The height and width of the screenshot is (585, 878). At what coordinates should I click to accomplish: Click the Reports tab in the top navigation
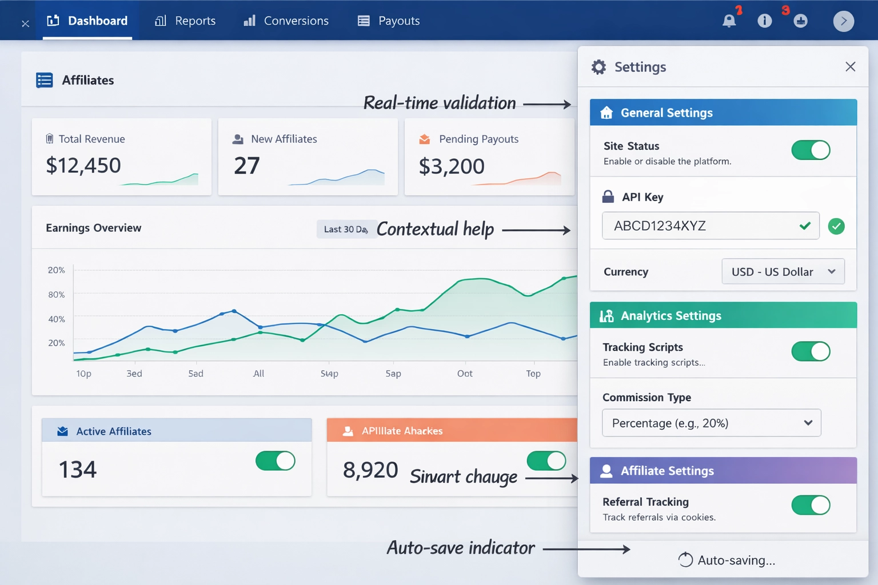185,21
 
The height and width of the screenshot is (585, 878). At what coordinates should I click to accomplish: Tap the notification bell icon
729,21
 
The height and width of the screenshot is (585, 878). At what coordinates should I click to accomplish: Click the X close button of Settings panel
850,67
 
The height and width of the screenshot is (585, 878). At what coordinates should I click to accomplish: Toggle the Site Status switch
811,150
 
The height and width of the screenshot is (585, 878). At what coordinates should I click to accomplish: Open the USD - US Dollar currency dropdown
783,272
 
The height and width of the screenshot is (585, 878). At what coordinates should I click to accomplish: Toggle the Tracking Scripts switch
811,351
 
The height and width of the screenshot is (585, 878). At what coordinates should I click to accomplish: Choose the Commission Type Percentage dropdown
712,423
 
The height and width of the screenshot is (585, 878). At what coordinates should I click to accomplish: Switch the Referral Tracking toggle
811,505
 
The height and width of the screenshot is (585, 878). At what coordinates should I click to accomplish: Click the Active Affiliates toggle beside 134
276,460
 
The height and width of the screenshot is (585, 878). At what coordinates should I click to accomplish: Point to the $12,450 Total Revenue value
83,166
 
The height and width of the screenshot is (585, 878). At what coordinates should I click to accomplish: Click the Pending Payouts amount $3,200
452,167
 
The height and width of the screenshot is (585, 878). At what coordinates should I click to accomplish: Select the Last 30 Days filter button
345,229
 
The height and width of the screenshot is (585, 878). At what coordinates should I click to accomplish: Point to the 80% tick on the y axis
57,295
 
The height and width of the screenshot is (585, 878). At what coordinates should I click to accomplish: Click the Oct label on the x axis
465,374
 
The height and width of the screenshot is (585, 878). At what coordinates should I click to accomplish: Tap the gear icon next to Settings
598,67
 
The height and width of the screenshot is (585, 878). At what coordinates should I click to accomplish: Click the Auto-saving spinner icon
685,560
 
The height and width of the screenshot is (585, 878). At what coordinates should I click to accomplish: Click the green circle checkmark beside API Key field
836,226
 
